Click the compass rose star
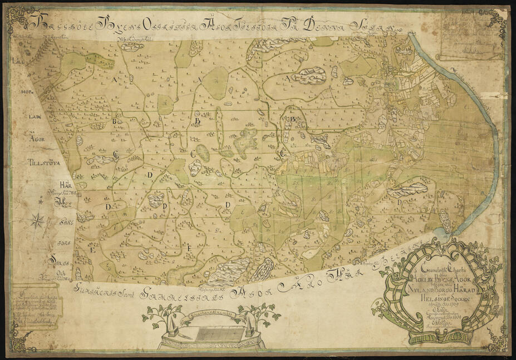coord(37,221)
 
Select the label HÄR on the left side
coord(66,186)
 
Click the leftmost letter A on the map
coord(116,80)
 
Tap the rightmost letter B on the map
coord(292,119)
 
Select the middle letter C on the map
coord(193,154)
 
